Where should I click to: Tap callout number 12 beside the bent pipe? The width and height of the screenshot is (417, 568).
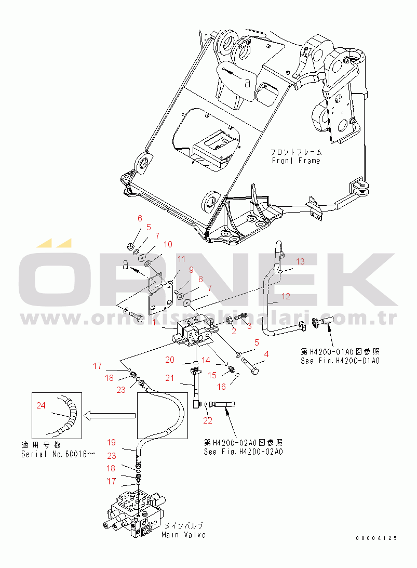click(x=286, y=297)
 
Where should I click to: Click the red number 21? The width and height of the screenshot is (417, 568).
click(x=170, y=378)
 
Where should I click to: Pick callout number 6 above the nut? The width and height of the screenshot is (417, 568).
click(x=139, y=218)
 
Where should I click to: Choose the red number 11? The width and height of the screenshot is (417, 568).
click(x=180, y=259)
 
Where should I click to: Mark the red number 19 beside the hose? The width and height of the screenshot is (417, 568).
click(x=111, y=443)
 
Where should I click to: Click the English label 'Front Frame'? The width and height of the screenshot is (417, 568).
click(x=295, y=161)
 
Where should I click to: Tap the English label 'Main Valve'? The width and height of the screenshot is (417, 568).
click(x=183, y=535)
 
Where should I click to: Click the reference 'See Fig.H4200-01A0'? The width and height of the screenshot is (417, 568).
click(x=340, y=361)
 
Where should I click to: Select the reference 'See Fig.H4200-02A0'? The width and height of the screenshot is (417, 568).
click(x=243, y=452)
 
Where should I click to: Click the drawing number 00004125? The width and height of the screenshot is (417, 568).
click(x=376, y=538)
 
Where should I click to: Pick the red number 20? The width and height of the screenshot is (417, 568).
click(x=170, y=360)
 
